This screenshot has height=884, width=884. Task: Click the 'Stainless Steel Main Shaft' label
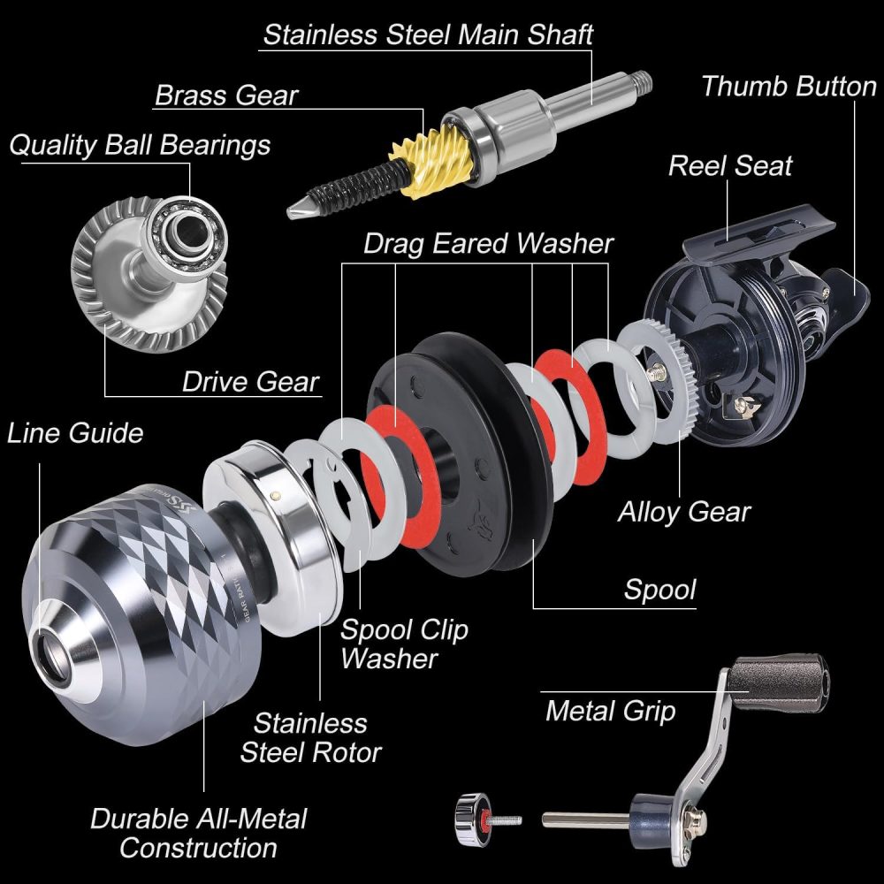[429, 34]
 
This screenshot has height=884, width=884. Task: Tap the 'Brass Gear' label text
[226, 95]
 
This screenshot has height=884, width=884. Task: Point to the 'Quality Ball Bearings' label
[140, 144]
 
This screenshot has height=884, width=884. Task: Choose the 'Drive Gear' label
[250, 382]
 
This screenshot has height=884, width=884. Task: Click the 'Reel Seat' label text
[730, 165]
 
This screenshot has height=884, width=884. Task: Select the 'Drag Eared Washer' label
[488, 243]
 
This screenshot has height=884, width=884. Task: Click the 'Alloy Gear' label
[684, 511]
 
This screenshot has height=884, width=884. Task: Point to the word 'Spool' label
[659, 590]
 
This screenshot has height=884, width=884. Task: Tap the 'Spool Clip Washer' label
[404, 644]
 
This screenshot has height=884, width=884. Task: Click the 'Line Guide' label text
[75, 433]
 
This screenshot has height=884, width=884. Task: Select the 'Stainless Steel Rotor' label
[310, 737]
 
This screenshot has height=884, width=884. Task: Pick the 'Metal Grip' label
[610, 710]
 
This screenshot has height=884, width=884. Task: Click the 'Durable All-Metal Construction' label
[198, 833]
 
